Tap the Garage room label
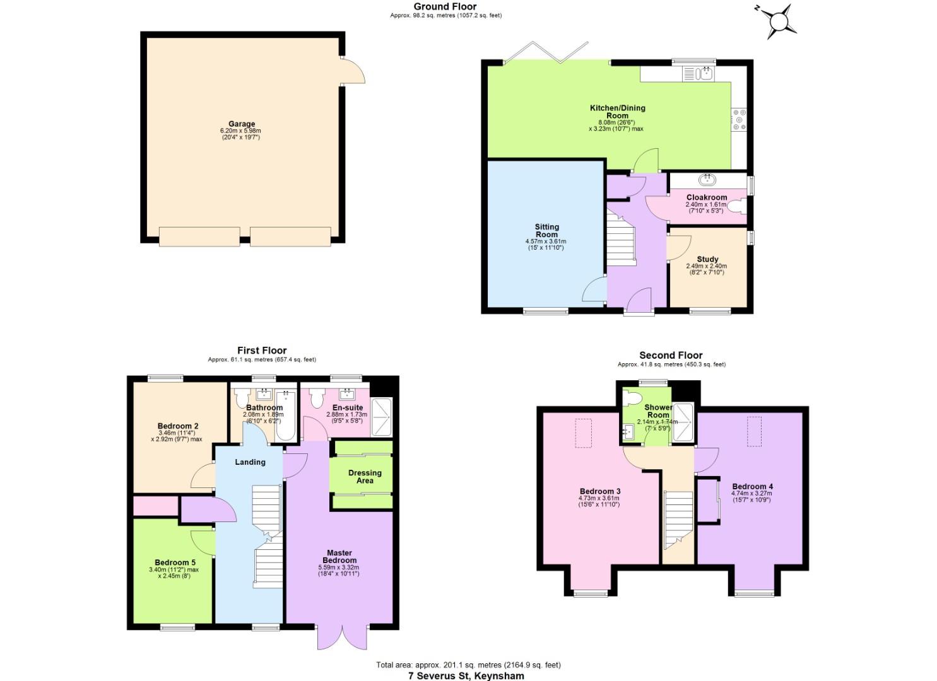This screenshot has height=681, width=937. (x=242, y=124)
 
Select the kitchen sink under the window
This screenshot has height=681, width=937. (x=698, y=74)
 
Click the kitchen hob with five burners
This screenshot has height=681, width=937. (x=739, y=120)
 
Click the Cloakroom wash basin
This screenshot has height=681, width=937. (x=707, y=180)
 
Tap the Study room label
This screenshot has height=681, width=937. (x=707, y=259)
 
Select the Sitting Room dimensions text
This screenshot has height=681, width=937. (x=546, y=245)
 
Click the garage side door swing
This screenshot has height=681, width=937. (x=354, y=71)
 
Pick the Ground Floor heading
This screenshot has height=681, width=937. (x=445, y=6)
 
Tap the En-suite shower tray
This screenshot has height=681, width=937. (x=382, y=417)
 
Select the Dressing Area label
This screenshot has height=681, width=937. (x=365, y=477)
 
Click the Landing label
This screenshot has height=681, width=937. (x=250, y=462)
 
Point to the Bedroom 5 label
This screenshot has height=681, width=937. (x=175, y=562)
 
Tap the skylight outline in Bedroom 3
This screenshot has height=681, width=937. (x=583, y=433)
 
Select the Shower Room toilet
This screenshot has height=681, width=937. (x=632, y=399)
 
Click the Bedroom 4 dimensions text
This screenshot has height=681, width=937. (x=751, y=496)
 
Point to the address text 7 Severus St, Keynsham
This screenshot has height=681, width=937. (x=466, y=675)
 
